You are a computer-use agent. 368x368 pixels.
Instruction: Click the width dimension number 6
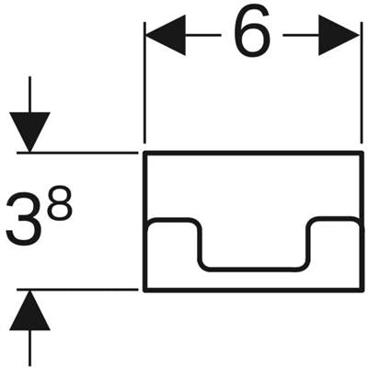[252, 31]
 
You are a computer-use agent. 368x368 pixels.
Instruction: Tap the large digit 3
[24, 219]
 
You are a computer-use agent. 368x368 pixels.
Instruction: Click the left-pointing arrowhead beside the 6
[166, 35]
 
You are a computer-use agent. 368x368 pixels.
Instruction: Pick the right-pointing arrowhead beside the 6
[339, 35]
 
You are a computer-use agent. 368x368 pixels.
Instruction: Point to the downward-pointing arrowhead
[29, 132]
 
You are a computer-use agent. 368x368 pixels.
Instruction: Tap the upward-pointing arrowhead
[29, 310]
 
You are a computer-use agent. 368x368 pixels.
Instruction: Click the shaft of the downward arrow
[29, 95]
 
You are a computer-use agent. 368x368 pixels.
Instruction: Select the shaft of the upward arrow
[29, 349]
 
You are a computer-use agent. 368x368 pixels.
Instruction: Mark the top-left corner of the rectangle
[145, 153]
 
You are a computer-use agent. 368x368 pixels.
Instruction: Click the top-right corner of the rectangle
[362, 153]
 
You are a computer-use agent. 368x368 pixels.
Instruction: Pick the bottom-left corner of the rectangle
[145, 290]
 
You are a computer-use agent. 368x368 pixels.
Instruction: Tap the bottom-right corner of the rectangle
[362, 290]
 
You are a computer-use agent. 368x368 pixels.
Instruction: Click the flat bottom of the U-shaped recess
[254, 270]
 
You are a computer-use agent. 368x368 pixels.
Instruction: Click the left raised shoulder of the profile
[172, 219]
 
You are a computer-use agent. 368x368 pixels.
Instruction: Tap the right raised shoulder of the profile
[335, 219]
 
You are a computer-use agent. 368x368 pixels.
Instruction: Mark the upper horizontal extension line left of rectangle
[77, 153]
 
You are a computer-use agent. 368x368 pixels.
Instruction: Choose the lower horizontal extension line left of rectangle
[77, 289]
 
